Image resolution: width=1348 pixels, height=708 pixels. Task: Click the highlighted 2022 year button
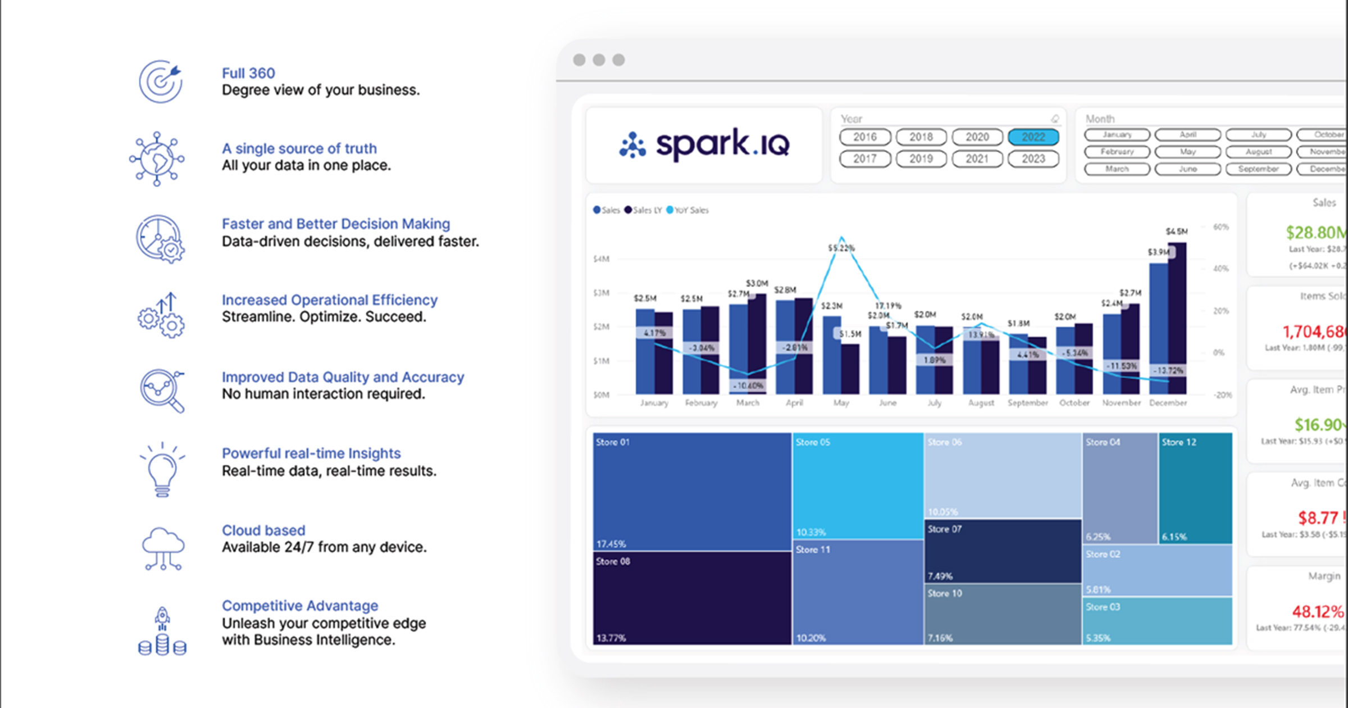pyautogui.click(x=1033, y=137)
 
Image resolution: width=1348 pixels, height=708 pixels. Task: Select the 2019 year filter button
pyautogui.click(x=921, y=159)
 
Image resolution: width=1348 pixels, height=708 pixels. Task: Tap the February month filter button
pyautogui.click(x=1117, y=152)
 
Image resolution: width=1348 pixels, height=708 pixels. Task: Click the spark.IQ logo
pyautogui.click(x=704, y=144)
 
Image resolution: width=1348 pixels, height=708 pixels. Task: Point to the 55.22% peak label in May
pyautogui.click(x=841, y=248)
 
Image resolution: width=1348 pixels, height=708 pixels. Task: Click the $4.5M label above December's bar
pyautogui.click(x=1176, y=232)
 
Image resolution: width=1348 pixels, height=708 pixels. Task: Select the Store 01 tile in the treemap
pyautogui.click(x=691, y=491)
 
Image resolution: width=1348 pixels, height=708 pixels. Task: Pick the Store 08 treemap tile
pyautogui.click(x=691, y=598)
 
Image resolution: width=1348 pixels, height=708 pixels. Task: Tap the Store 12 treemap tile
pyautogui.click(x=1195, y=488)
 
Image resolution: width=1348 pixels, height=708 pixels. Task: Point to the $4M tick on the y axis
pyautogui.click(x=601, y=259)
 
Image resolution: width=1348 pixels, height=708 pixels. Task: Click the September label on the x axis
pyautogui.click(x=1027, y=403)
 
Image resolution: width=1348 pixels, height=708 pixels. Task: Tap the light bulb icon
pyautogui.click(x=162, y=469)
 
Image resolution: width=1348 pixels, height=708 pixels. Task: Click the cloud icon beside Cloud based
pyautogui.click(x=162, y=548)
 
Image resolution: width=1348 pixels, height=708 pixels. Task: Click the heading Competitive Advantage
pyautogui.click(x=300, y=606)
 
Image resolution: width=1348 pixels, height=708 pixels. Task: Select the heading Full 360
pyautogui.click(x=248, y=73)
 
